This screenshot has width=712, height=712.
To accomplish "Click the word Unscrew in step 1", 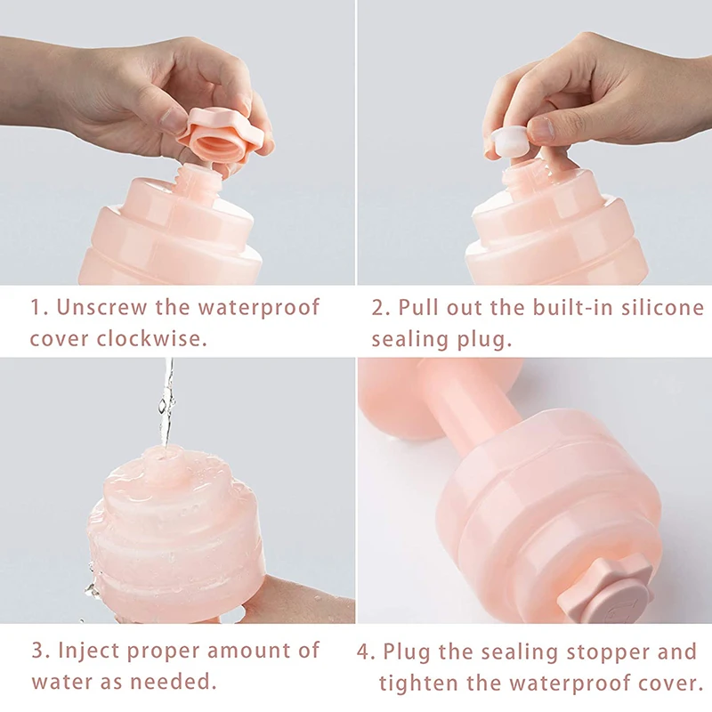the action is coord(102,307).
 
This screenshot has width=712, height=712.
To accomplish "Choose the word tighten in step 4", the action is coord(417,684).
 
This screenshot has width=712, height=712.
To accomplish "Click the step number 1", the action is coord(38,308).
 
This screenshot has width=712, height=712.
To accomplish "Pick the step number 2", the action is coord(381,308).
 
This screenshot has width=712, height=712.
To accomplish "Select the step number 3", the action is coord(40,651).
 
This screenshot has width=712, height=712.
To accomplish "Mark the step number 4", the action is coord(366,652).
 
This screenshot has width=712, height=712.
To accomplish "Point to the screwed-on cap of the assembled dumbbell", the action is coord(605,589).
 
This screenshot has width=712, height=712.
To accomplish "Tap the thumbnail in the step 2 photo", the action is coord(542,129).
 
